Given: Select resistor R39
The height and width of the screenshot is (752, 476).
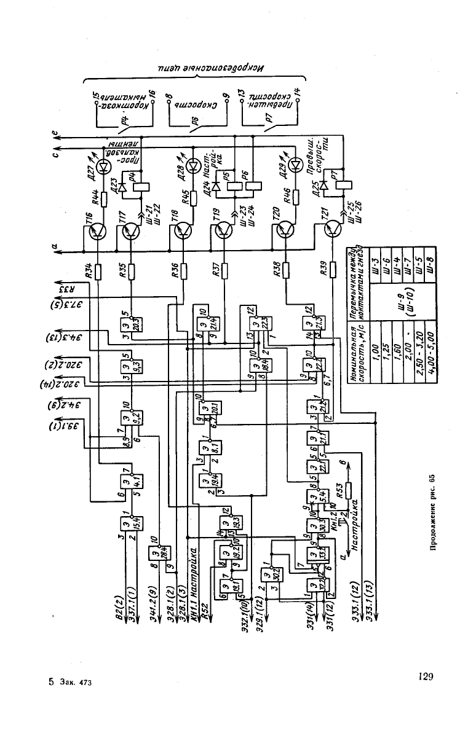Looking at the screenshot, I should tap(332, 269).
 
